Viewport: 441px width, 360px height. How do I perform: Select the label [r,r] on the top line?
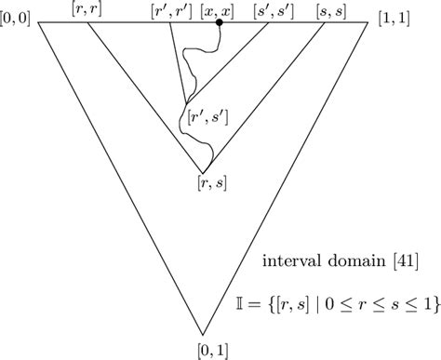click(86, 8)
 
